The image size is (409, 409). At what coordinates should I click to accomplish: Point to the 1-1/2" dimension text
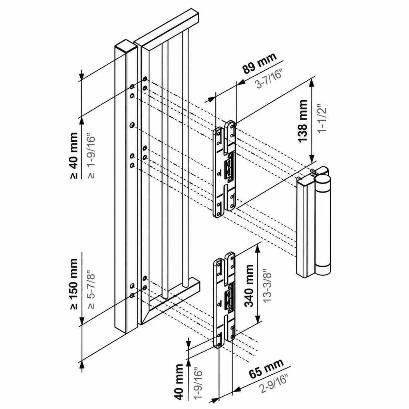[322, 119]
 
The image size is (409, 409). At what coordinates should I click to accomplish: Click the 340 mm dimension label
[249, 286]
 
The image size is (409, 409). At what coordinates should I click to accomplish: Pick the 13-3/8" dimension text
[267, 286]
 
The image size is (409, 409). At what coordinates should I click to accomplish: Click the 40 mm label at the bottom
[180, 382]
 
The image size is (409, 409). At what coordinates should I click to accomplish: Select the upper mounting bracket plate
[224, 169]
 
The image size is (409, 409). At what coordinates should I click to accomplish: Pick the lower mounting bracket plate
[224, 300]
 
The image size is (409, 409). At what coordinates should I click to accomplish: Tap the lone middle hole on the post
[132, 125]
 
